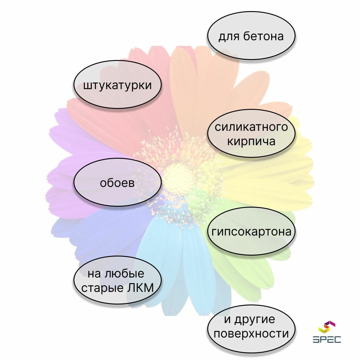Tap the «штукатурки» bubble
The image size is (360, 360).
click(117, 85)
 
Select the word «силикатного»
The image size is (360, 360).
click(251, 127)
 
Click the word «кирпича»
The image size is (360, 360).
click(251, 141)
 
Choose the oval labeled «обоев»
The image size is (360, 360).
click(117, 183)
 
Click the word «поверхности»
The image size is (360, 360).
click(251, 334)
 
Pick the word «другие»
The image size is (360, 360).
click(255, 319)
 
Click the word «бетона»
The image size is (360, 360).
click(263, 36)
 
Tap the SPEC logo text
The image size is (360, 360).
click(327, 339)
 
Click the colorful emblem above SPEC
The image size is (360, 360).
click(327, 327)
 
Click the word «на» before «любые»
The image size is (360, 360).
click(93, 274)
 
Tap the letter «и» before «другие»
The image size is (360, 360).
click(228, 319)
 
